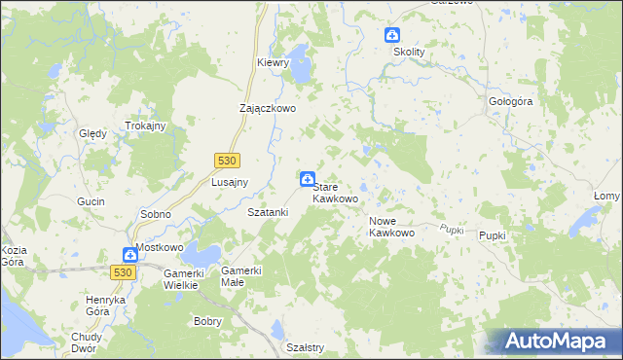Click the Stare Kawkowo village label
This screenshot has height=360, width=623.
point(335,192)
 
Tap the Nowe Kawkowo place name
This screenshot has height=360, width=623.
point(392,227)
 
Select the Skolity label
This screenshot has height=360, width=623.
point(410,53)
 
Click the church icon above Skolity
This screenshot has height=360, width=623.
point(392,34)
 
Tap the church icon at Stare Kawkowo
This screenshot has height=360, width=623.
point(307,178)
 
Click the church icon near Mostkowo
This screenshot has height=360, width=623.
point(129,255)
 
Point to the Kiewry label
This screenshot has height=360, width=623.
point(274,62)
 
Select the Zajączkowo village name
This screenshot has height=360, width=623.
point(268,109)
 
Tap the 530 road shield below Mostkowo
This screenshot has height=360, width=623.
point(122,273)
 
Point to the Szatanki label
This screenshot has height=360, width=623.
point(268,211)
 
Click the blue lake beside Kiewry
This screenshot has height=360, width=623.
point(300,69)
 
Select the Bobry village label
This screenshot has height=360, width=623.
point(208,321)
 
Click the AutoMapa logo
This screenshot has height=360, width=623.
point(561,342)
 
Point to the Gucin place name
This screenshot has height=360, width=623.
point(91,200)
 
